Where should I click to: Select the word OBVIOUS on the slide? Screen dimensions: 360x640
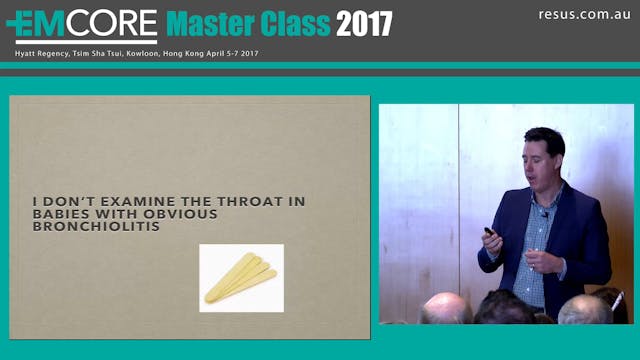point(183,213)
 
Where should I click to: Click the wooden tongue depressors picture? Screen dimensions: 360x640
point(241,277)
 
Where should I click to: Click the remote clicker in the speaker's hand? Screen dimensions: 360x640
point(490,233)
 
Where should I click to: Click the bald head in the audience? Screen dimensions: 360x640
point(446,309)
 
